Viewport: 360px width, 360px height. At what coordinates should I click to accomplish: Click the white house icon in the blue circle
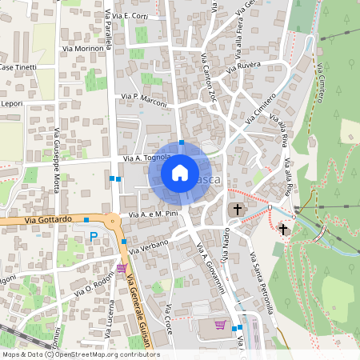[180, 172]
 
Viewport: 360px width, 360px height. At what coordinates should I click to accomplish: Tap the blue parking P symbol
[94, 236]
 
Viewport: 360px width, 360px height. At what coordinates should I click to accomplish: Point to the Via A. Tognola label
[149, 158]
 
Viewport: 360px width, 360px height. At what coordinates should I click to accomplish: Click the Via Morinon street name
[82, 49]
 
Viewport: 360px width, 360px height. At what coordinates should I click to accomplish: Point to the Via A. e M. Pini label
[153, 214]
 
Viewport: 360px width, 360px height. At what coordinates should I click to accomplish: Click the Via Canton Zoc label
[209, 80]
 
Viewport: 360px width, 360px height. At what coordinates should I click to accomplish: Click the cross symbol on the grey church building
[236, 210]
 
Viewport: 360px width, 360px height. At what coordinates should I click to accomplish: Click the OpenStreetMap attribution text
[81, 354]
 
